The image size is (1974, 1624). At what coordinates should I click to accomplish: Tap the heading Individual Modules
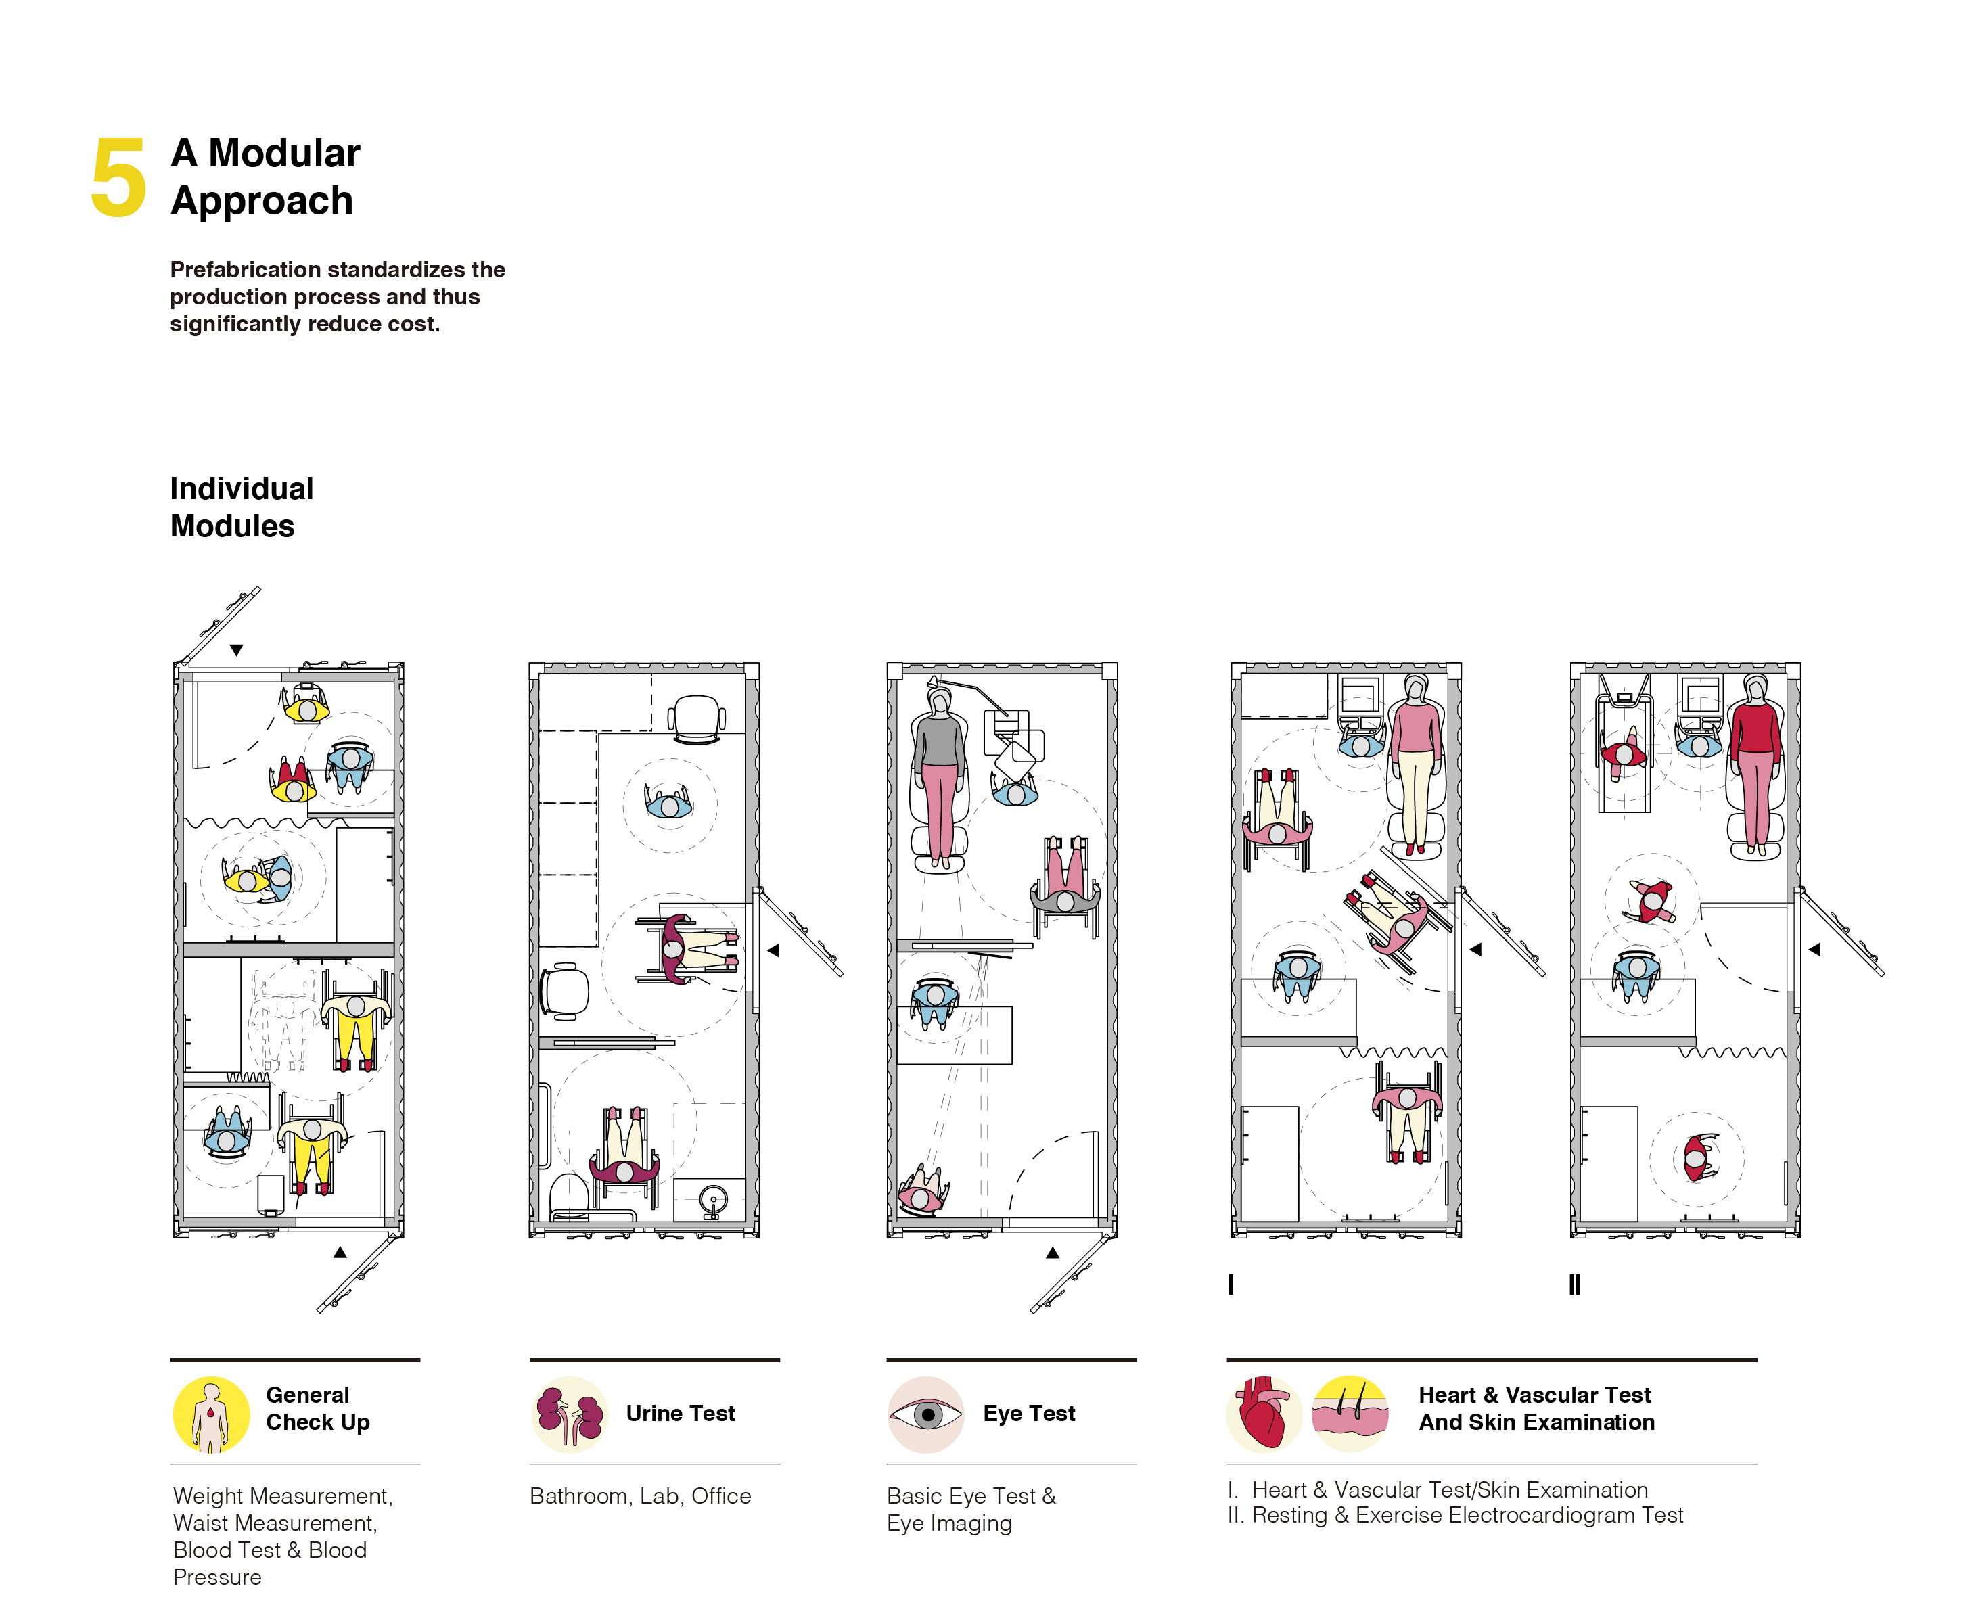pyautogui.click(x=242, y=507)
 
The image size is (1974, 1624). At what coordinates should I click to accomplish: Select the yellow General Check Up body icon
pyautogui.click(x=212, y=1414)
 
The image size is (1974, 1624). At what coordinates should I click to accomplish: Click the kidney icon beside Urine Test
pyautogui.click(x=569, y=1414)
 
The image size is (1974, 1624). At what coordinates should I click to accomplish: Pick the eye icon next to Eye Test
pyautogui.click(x=925, y=1414)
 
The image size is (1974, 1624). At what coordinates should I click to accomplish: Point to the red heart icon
pyautogui.click(x=1263, y=1414)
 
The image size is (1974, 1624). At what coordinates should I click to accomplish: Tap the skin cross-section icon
pyautogui.click(x=1350, y=1414)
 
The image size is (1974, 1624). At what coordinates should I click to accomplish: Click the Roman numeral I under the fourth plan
pyautogui.click(x=1231, y=1284)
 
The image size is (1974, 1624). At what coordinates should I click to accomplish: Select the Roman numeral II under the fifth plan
pyautogui.click(x=1574, y=1284)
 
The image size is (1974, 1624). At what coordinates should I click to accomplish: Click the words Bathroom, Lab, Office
pyautogui.click(x=640, y=1496)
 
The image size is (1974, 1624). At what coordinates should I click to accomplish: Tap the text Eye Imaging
pyautogui.click(x=950, y=1524)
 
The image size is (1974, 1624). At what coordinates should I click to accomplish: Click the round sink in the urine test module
pyautogui.click(x=713, y=1199)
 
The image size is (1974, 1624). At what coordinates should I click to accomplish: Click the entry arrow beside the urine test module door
pyautogui.click(x=773, y=950)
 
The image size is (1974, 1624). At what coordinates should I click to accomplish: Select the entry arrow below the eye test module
pyautogui.click(x=1053, y=1252)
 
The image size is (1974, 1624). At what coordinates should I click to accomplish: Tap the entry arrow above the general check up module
pyautogui.click(x=237, y=650)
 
